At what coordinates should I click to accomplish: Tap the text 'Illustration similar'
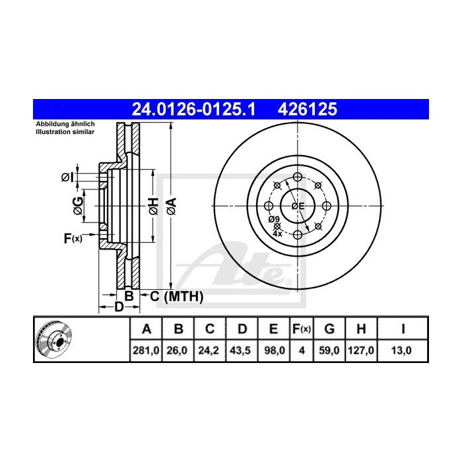pyautogui.click(x=65, y=132)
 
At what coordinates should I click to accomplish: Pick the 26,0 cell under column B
pyautogui.click(x=177, y=351)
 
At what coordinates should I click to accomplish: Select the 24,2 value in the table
pyautogui.click(x=209, y=351)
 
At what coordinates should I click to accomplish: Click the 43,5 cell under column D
pyautogui.click(x=241, y=351)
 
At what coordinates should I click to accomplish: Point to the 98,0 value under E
pyautogui.click(x=273, y=351)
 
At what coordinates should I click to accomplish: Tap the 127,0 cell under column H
pyautogui.click(x=362, y=351)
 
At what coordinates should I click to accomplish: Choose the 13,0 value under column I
pyautogui.click(x=403, y=351)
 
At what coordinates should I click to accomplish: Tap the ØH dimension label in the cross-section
pyautogui.click(x=152, y=206)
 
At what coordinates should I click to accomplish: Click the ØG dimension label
pyautogui.click(x=78, y=206)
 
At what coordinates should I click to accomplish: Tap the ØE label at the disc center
pyautogui.click(x=298, y=206)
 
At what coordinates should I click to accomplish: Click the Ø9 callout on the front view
pyautogui.click(x=273, y=220)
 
